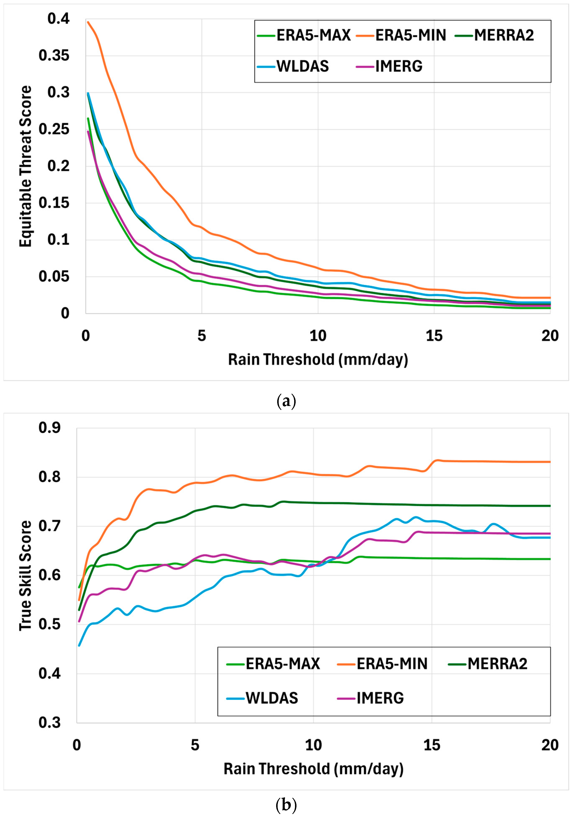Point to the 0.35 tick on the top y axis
54,56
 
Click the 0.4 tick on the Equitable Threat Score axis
59,19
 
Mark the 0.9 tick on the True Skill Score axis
50,428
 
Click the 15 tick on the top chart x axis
434,336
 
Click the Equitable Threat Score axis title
26,166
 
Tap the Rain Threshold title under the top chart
318,360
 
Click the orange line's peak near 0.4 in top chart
88,22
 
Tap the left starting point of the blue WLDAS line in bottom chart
79,646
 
